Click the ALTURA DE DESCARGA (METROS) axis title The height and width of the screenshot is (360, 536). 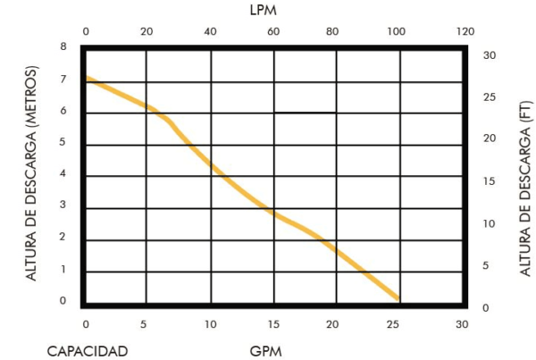(34, 173)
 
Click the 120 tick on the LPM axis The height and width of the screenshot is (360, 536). (465, 31)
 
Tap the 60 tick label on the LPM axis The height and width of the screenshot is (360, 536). (273, 31)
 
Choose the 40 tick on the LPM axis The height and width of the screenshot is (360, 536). (211, 31)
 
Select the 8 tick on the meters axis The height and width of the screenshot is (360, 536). (63, 47)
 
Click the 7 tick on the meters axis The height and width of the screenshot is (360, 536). (63, 80)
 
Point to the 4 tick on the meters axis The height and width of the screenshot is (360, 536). (63, 173)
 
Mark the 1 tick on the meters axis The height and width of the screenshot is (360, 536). (63, 269)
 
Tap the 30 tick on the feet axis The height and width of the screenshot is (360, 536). (489, 55)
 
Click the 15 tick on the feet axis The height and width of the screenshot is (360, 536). (489, 181)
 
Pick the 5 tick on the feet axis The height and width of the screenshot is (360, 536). (489, 265)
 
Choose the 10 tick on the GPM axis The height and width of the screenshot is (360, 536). (211, 323)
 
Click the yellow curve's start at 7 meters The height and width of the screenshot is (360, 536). (88, 80)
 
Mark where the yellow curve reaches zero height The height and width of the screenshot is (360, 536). (398, 299)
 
